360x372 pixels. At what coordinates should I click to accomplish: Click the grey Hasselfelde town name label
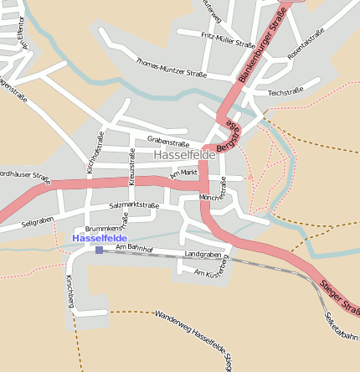coord(185,155)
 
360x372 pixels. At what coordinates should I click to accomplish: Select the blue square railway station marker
coord(99,250)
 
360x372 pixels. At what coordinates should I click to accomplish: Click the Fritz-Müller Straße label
coord(228,39)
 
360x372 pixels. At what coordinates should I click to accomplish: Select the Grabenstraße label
coord(168,139)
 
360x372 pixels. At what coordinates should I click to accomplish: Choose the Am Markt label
coord(183,173)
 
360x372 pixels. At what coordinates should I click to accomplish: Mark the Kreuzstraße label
coord(131,167)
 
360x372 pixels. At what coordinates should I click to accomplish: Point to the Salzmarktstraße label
coord(134,205)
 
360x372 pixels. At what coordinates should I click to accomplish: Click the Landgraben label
coord(202,253)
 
